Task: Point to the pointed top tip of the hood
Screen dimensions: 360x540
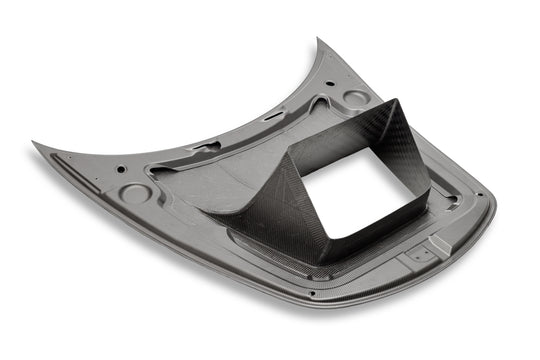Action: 319,41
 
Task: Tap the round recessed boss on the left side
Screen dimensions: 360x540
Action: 135,193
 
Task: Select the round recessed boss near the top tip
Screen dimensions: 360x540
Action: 355,99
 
